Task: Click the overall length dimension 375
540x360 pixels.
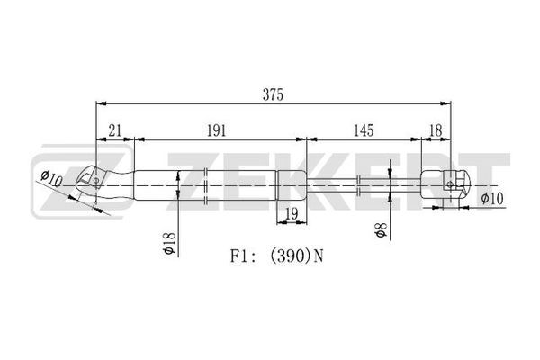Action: pyautogui.click(x=273, y=94)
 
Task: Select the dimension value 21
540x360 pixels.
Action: pyautogui.click(x=115, y=130)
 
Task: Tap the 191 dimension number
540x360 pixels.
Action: pyautogui.click(x=216, y=130)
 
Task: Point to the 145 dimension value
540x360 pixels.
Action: pyautogui.click(x=364, y=130)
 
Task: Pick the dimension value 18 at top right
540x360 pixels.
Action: pyautogui.click(x=436, y=130)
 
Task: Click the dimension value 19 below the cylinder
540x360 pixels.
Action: pyautogui.click(x=292, y=214)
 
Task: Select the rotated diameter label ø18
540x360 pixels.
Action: pyautogui.click(x=169, y=243)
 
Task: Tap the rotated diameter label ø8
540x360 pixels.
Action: pyautogui.click(x=381, y=230)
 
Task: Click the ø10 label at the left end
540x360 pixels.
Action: pyautogui.click(x=51, y=179)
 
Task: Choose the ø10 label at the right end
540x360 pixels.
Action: pyautogui.click(x=492, y=199)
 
